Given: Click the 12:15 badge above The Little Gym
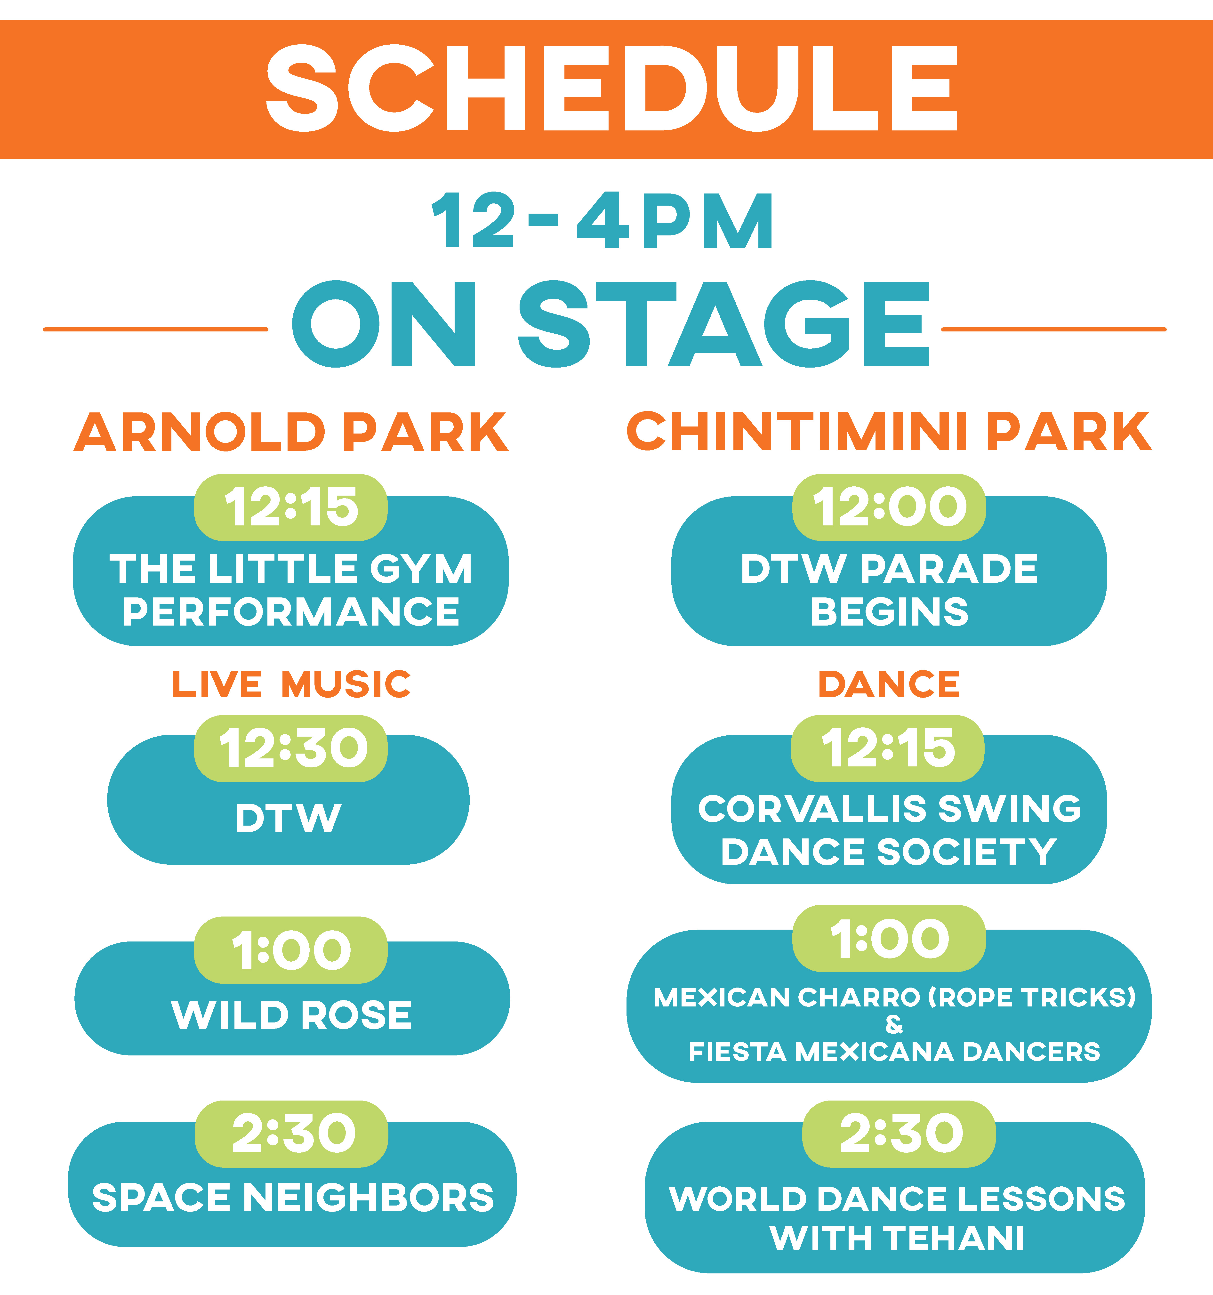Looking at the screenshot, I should [x=291, y=507].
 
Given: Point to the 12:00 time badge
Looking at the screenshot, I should [x=889, y=507].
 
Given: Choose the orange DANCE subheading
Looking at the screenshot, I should [x=889, y=684].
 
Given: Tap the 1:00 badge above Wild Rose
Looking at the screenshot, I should [x=291, y=950].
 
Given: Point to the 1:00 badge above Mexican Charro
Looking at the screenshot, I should [x=889, y=939].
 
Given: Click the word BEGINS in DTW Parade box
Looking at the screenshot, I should [x=889, y=612].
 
